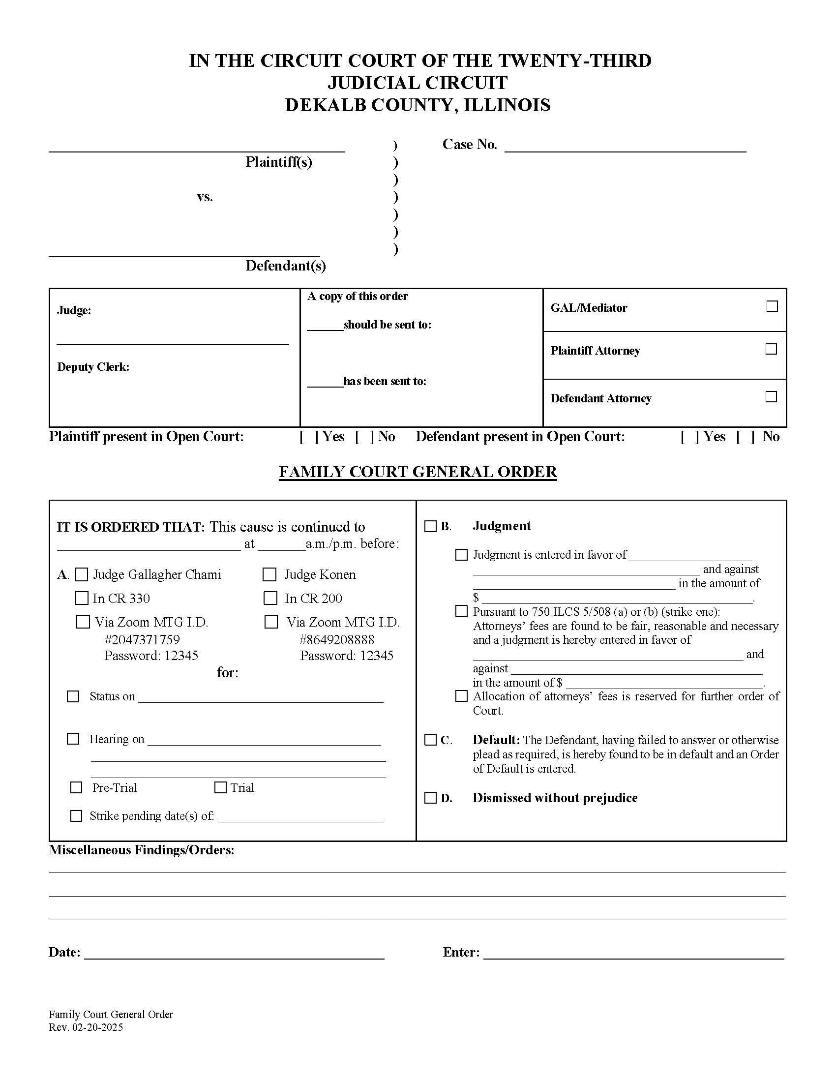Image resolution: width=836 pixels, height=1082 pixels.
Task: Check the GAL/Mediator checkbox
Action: coord(772,306)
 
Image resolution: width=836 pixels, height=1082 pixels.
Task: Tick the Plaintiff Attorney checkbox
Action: coord(771,349)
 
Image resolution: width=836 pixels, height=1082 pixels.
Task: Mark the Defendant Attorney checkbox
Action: coord(771,396)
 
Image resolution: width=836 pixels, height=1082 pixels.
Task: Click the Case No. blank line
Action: coord(625,147)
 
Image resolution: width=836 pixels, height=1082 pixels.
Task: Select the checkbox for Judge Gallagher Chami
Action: coord(81,574)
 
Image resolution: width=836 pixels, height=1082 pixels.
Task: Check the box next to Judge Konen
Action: coord(269,574)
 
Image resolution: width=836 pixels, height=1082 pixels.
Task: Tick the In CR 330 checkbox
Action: coord(81,598)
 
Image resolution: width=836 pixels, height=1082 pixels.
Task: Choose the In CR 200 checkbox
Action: coord(270,598)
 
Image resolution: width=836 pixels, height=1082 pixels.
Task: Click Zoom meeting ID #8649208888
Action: coord(337,639)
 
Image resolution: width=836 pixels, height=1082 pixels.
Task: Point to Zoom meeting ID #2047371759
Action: coord(142,639)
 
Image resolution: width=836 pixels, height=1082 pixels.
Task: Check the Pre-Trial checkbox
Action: coord(76,787)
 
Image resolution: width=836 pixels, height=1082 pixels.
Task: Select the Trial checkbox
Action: coord(220,787)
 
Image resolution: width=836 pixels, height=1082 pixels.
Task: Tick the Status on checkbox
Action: coord(73,696)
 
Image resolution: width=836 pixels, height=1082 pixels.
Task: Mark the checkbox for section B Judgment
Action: coord(430,526)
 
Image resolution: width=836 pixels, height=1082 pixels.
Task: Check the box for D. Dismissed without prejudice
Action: coord(430,798)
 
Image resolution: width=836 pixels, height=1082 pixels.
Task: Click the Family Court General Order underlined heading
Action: coord(418,472)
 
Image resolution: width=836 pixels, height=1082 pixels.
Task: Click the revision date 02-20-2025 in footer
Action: coord(97,1027)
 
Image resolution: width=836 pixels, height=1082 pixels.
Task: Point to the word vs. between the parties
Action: coord(205,197)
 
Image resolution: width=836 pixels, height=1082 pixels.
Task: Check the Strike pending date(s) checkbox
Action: coord(76,815)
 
